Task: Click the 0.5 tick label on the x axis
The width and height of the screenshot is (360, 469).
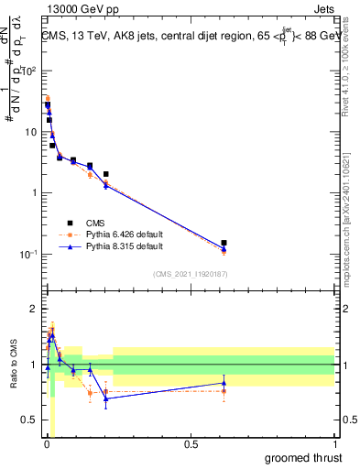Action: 191,444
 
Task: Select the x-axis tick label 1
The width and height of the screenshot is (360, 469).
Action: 334,444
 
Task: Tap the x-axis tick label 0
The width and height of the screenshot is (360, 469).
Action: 47,444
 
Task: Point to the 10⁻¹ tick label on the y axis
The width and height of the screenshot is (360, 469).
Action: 27,254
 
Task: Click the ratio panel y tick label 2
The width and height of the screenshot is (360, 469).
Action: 33,309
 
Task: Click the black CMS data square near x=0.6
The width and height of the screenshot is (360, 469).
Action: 224,243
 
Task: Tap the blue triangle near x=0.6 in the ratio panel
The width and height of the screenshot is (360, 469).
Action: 224,383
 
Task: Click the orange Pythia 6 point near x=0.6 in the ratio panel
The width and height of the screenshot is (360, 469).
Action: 224,391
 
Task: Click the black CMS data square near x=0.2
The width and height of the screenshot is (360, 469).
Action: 106,174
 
